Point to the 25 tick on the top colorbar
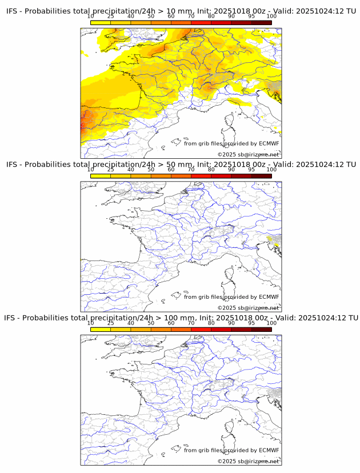[111, 17]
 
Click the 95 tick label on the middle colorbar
[251, 170]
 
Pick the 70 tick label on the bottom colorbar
[191, 323]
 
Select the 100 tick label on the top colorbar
[271, 17]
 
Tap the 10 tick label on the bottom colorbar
[91, 323]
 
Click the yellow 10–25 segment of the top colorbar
[101, 22]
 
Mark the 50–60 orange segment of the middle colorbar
[161, 175]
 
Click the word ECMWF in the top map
[269, 143]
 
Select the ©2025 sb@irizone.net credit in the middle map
[248, 308]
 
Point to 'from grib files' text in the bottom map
[204, 450]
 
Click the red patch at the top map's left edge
[83, 121]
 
